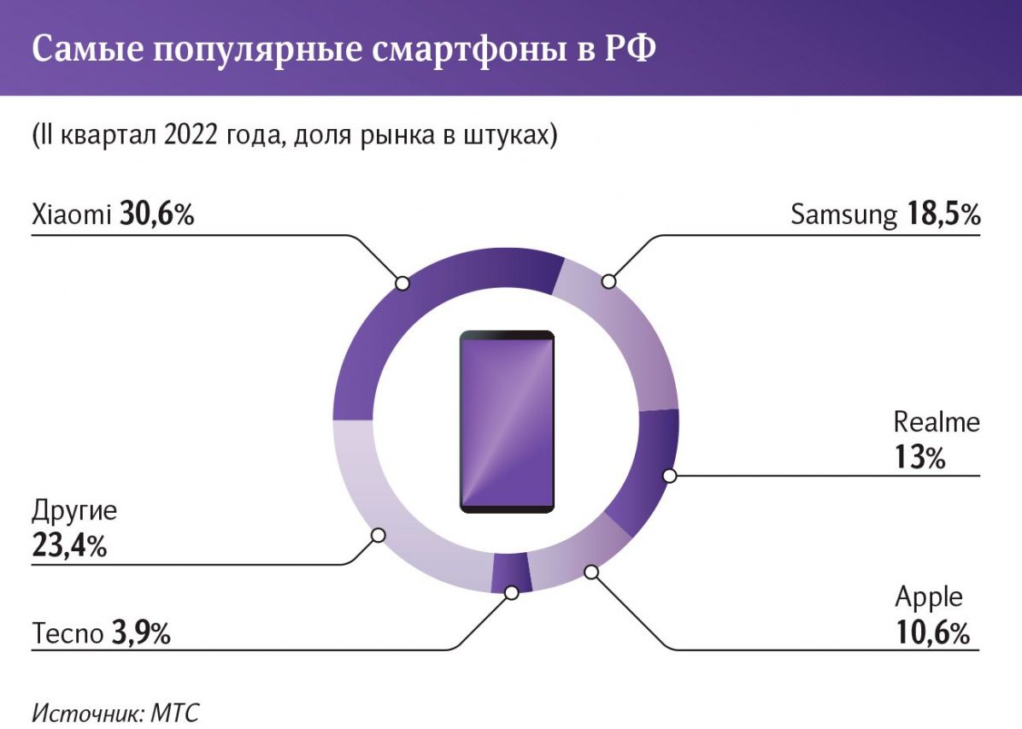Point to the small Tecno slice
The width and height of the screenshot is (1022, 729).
tap(511, 573)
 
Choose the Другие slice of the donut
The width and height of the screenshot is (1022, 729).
tap(385, 513)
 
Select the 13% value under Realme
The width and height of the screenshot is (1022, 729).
tap(920, 458)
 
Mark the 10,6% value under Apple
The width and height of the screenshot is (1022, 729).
tap(932, 633)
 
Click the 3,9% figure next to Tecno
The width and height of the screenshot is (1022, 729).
tap(141, 634)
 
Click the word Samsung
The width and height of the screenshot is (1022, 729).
tap(843, 215)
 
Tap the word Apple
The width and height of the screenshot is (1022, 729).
tap(929, 597)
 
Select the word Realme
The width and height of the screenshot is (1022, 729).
tap(937, 421)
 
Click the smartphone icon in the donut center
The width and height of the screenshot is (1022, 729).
tap(507, 421)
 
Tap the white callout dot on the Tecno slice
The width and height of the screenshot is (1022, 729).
tap(512, 591)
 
